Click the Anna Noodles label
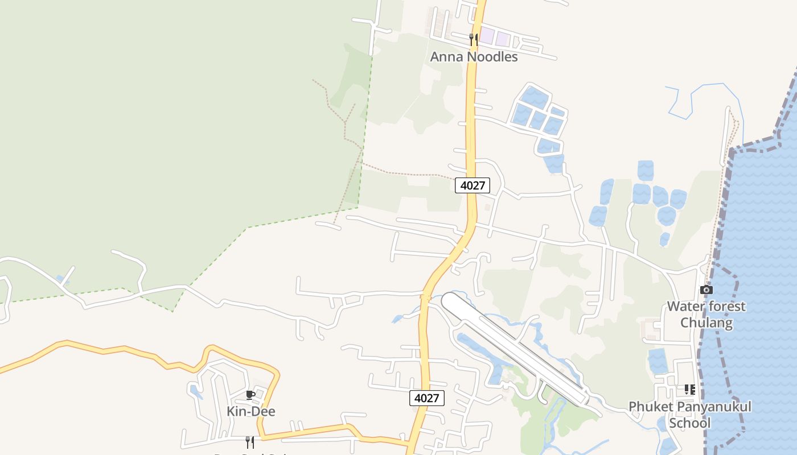[x=474, y=57]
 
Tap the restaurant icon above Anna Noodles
[x=474, y=39]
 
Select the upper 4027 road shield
[x=473, y=185]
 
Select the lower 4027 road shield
[x=426, y=398]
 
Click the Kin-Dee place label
[x=251, y=411]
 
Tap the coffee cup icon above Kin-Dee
[x=250, y=395]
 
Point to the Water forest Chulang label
[x=706, y=315]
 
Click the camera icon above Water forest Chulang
[x=706, y=290]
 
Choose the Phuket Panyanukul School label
[x=689, y=415]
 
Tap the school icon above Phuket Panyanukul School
[x=690, y=390]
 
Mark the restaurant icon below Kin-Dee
[x=249, y=442]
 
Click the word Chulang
[x=706, y=323]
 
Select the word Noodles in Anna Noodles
[x=492, y=57]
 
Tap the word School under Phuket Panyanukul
[x=689, y=423]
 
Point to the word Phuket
[x=648, y=407]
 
